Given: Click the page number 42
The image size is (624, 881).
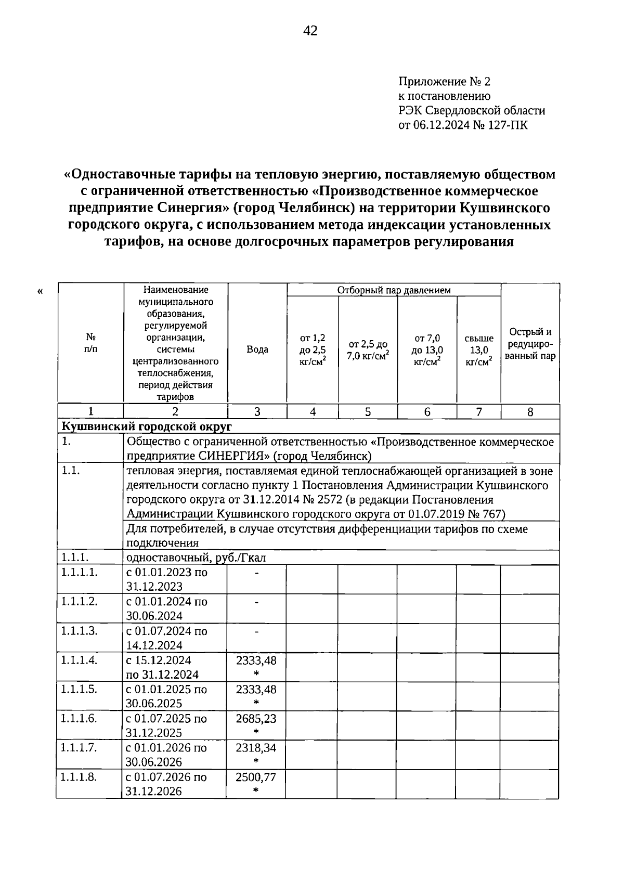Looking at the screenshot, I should pyautogui.click(x=310, y=31).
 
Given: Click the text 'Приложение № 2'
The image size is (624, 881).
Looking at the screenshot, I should pyautogui.click(x=444, y=82).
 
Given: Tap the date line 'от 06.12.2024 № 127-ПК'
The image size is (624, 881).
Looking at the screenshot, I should pyautogui.click(x=462, y=125).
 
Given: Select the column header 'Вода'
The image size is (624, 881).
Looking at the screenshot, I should pyautogui.click(x=257, y=349).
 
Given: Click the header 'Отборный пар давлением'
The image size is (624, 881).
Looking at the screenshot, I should pyautogui.click(x=394, y=290).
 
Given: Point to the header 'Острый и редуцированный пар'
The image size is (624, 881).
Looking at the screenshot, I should pyautogui.click(x=530, y=344).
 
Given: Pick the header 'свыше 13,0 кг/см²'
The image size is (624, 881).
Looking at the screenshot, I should pyautogui.click(x=478, y=350).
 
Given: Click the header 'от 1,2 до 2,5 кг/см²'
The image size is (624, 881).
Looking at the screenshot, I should pyautogui.click(x=313, y=349).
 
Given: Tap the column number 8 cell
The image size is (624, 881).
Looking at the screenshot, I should pyautogui.click(x=530, y=412).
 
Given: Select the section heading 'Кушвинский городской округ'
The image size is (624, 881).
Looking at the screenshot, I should pyautogui.click(x=147, y=426).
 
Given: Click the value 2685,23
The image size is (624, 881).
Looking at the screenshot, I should pyautogui.click(x=256, y=719).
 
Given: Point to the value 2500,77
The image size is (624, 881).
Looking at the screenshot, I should pyautogui.click(x=256, y=777).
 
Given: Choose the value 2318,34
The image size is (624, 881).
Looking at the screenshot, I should pyautogui.click(x=256, y=748).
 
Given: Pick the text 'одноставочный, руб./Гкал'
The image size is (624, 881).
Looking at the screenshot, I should pyautogui.click(x=196, y=558).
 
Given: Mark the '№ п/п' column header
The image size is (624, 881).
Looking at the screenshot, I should pyautogui.click(x=90, y=343).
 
